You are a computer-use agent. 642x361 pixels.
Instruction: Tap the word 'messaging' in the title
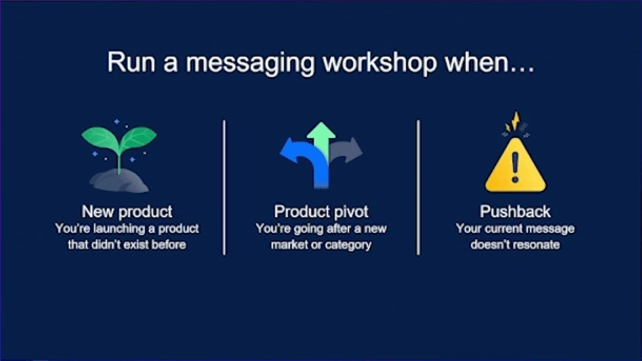[x=250, y=64]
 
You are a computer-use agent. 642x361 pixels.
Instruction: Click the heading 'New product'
[x=127, y=212]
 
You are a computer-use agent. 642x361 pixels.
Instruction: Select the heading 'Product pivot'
[x=321, y=212]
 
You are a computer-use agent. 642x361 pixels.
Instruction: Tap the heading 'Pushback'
[x=515, y=212]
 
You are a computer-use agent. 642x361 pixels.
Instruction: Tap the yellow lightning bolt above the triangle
[x=515, y=120]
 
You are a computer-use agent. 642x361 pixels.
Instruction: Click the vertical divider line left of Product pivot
[x=224, y=187]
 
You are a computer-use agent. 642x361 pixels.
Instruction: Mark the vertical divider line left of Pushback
[x=418, y=187]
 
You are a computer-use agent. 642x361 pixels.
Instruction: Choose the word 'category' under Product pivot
[x=348, y=244]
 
